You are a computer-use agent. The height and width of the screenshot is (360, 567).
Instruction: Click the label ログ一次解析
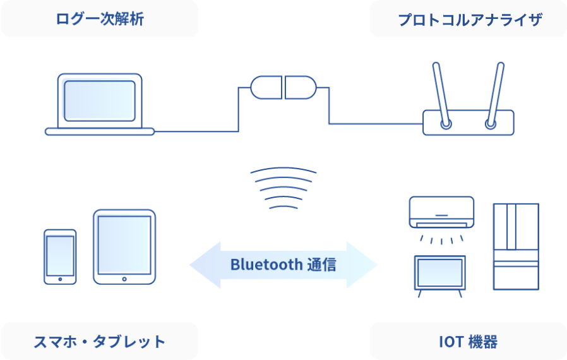(100, 19)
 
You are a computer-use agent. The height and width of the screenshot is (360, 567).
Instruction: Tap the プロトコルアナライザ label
(470, 19)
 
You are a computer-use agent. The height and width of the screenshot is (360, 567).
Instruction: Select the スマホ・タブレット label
(100, 342)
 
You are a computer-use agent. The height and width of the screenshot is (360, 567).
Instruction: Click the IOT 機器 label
(468, 342)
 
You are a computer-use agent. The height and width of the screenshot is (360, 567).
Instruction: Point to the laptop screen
(100, 100)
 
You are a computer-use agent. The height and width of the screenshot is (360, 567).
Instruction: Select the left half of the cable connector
(266, 87)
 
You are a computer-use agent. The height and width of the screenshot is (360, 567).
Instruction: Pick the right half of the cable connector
(300, 87)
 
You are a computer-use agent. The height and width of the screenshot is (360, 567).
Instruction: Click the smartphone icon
(60, 256)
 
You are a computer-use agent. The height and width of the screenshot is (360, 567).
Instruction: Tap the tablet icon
(124, 246)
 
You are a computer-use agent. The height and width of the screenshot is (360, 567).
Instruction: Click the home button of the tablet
(124, 279)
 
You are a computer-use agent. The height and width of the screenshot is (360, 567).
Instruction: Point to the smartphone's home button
(60, 279)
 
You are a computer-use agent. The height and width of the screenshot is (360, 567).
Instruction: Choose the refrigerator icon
(516, 246)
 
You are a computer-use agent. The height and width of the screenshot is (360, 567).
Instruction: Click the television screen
(439, 272)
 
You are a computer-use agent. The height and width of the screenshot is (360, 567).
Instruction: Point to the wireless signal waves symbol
(283, 188)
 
